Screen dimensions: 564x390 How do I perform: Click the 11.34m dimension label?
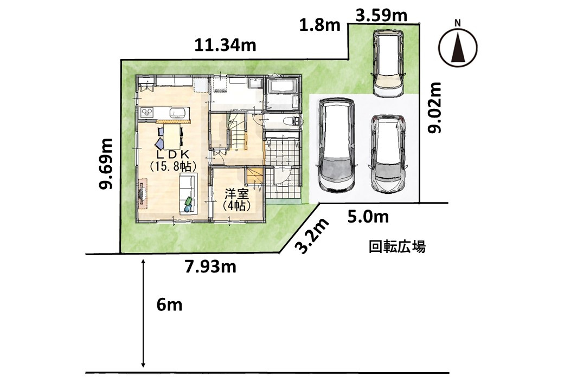coord(225,45)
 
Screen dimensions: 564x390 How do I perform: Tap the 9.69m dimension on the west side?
coord(106,164)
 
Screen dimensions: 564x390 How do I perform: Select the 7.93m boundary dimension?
coord(210,266)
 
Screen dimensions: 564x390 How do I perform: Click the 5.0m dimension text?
coord(368,217)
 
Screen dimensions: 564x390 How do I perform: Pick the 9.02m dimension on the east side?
coord(434,108)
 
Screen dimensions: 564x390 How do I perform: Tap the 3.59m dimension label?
coord(381,16)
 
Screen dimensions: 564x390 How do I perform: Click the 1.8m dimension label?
coord(320,25)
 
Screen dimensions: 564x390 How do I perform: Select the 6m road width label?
coord(169,305)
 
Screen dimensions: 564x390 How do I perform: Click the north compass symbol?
coord(458,47)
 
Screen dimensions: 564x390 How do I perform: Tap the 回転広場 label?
coord(397,247)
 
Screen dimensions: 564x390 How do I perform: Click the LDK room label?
coord(172,154)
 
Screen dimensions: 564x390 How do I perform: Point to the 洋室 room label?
coord(236,194)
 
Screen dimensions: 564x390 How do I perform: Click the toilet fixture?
coord(290,121)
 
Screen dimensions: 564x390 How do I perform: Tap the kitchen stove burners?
coord(146,113)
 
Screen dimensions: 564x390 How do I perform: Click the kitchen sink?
coord(177,113)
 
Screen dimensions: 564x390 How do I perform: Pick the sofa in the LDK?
coord(188,193)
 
